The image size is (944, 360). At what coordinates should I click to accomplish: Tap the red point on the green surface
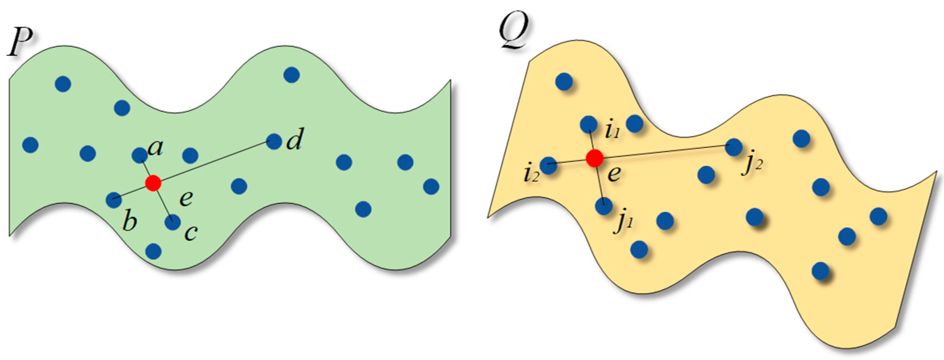tap(153, 183)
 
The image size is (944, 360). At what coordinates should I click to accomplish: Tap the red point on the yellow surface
tap(594, 158)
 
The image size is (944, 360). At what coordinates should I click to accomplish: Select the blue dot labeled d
tap(274, 141)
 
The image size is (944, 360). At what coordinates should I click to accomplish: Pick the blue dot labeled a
tap(140, 155)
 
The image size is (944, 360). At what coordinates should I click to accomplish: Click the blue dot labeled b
tap(114, 200)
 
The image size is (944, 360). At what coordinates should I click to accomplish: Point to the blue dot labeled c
tap(173, 222)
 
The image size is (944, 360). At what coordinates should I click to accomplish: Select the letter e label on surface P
tap(186, 199)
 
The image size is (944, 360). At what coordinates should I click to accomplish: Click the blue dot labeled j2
tap(734, 147)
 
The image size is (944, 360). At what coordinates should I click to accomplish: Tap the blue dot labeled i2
tap(548, 165)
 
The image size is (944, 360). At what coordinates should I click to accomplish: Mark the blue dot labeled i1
tap(589, 124)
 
